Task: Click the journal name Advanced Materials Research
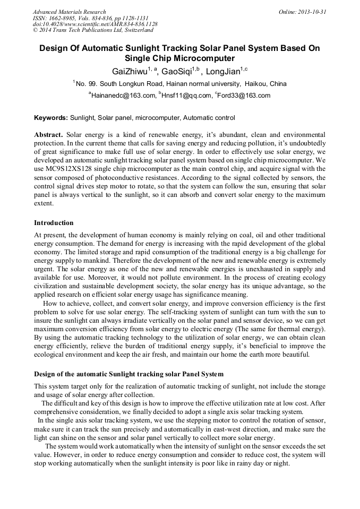69,11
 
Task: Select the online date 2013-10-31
310,11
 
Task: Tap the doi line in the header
95,24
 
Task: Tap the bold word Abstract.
48,135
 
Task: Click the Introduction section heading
54,222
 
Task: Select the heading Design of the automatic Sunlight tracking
128,374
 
